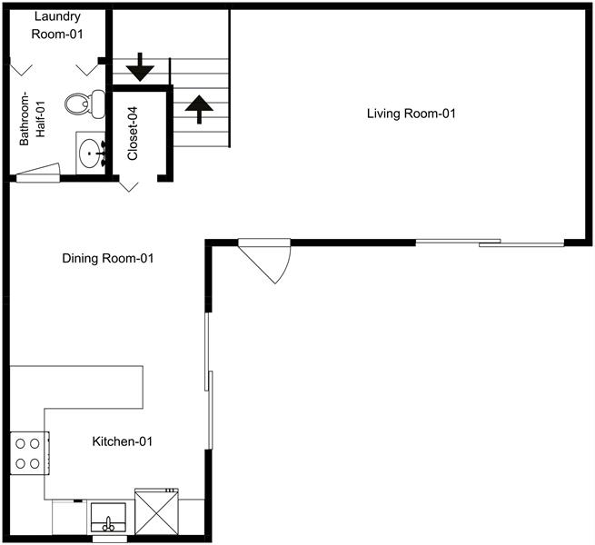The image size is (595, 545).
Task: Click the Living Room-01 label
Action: (411, 114)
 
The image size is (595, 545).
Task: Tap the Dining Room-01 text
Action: (107, 259)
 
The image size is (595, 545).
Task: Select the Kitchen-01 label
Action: (122, 442)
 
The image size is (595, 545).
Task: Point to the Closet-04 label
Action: (133, 134)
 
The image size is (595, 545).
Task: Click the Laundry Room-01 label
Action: (56, 25)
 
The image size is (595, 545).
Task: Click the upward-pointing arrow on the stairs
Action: (198, 108)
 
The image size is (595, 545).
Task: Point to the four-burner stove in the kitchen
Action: (28, 453)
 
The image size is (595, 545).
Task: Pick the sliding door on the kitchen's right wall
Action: (209, 381)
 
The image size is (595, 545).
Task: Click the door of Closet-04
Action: (129, 184)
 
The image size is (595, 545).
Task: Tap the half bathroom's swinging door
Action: (36, 173)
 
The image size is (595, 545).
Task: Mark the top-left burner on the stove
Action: (20, 444)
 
